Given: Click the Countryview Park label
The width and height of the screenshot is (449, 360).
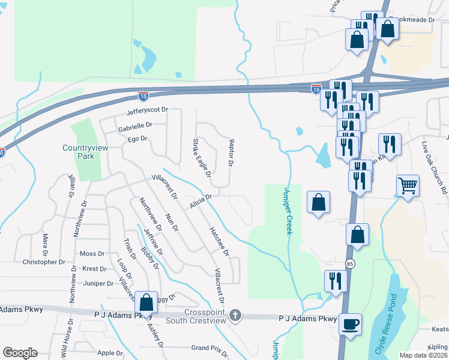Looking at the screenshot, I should coord(79,152).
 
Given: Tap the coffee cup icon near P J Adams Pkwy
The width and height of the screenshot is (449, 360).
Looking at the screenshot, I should coord(350,325).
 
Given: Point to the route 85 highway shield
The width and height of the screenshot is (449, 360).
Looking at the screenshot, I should coord(349,263).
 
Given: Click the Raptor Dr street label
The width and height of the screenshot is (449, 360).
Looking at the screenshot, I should coord(231,152).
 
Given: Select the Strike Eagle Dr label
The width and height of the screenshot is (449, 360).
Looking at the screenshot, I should coord(202,157).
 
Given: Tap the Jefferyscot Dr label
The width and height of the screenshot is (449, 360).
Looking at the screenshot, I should coord(146,111).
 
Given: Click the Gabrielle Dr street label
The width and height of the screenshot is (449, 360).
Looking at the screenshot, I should coord(135,126).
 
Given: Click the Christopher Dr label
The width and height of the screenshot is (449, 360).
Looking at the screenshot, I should coord(43,262).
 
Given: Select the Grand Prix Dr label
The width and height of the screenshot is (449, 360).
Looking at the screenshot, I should coord(209,348).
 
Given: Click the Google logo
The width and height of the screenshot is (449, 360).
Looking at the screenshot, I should coord(20,353).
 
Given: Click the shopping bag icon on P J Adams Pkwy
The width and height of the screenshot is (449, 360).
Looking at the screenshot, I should coord(146,303).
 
